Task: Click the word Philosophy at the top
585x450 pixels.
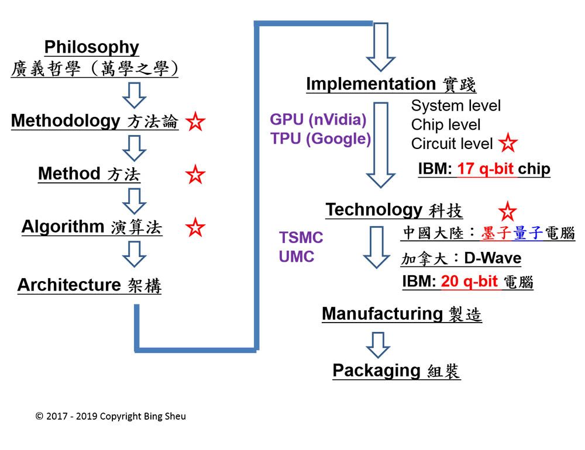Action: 92,48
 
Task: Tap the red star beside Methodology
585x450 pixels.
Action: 195,122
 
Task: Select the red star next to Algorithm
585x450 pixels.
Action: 195,227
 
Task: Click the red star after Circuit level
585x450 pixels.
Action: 508,143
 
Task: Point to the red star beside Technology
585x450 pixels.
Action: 507,211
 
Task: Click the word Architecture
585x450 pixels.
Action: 69,285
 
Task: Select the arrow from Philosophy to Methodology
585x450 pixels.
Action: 134,95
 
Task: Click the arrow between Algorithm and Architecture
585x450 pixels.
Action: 134,254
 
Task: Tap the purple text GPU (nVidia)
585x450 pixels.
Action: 318,120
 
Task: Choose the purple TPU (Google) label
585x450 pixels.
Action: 321,139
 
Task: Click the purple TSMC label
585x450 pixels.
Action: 301,237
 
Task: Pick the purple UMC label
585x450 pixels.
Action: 297,257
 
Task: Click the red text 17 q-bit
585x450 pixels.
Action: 486,169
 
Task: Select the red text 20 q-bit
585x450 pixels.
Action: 469,282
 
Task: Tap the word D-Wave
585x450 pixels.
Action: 493,258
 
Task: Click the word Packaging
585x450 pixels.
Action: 376,371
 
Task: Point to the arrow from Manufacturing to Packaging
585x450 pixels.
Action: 378,345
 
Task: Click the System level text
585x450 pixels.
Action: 456,106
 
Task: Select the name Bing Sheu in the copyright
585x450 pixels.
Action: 165,417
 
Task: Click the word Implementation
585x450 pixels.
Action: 371,84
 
